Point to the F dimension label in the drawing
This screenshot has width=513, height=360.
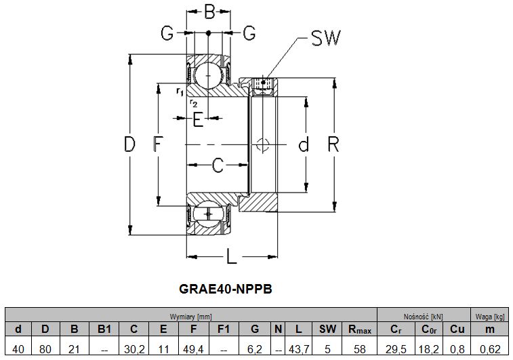(x=157, y=144)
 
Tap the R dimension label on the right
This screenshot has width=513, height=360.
(x=333, y=144)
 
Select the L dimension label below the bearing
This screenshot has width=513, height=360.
(x=231, y=256)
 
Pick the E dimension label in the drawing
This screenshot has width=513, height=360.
(x=198, y=120)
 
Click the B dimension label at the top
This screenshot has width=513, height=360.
(x=209, y=12)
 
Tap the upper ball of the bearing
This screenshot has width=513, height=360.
(x=207, y=74)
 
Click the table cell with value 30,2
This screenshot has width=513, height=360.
(x=134, y=348)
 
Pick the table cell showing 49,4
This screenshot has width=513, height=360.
(x=194, y=348)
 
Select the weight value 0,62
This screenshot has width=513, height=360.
(x=491, y=348)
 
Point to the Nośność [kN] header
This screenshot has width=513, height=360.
(x=423, y=316)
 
